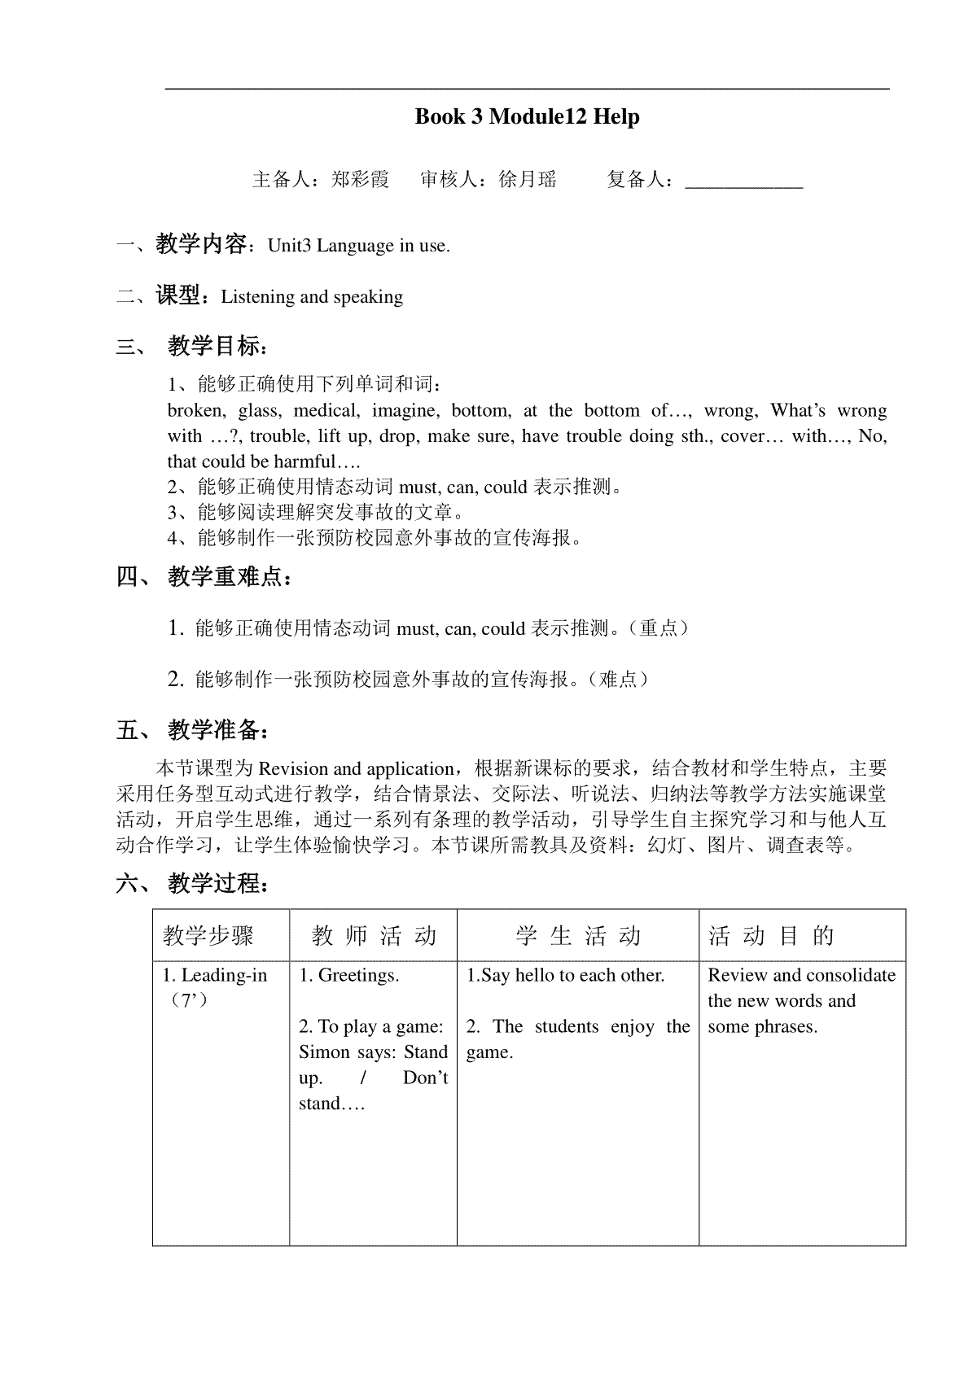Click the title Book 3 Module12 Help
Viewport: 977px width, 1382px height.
527,116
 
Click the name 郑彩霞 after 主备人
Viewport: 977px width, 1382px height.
361,179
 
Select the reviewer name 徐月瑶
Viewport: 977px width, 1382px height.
528,179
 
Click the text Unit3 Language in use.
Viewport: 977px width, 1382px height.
358,246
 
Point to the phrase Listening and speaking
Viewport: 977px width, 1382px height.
312,296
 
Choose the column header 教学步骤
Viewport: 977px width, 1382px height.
208,936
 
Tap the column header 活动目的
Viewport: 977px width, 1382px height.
771,936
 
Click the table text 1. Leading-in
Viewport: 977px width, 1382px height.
215,975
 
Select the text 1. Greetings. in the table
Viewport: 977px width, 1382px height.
348,975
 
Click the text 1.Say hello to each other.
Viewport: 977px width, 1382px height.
565,975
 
